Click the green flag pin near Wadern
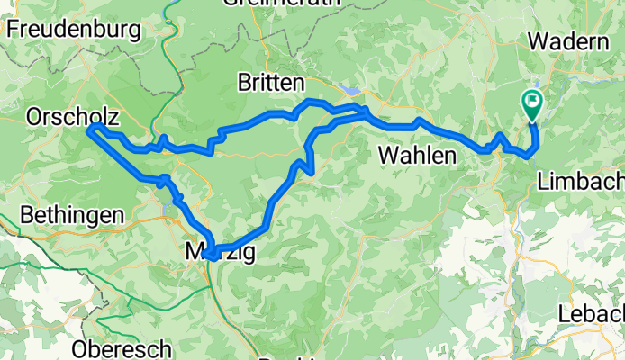coord(532,105)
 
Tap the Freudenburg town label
coord(73,29)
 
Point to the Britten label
coord(270,83)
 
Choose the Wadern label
coord(568,42)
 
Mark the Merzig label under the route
coord(219,253)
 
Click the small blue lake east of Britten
coord(353,92)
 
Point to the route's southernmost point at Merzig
coord(210,257)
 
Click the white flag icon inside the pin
coord(532,102)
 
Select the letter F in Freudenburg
coord(13,29)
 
